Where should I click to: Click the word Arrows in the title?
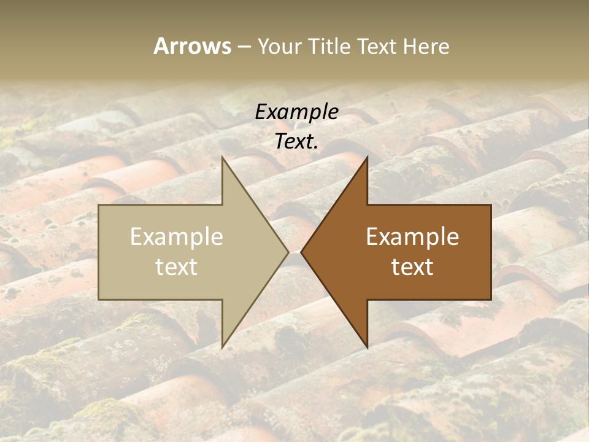[192, 46]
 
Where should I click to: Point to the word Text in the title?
[378, 46]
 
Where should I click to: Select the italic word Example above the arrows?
[296, 112]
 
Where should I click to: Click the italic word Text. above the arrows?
[296, 141]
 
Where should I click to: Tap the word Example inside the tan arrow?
[177, 237]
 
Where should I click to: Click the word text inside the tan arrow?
[177, 266]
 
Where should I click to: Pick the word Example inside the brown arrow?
[412, 237]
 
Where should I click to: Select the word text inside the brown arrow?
[412, 266]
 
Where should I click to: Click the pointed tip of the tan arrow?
[288, 252]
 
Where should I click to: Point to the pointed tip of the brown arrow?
[301, 252]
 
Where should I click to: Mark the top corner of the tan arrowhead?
[223, 157]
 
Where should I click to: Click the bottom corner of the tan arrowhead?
[223, 347]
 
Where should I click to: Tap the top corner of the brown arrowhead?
[367, 157]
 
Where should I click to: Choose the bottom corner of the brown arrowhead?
[367, 347]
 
